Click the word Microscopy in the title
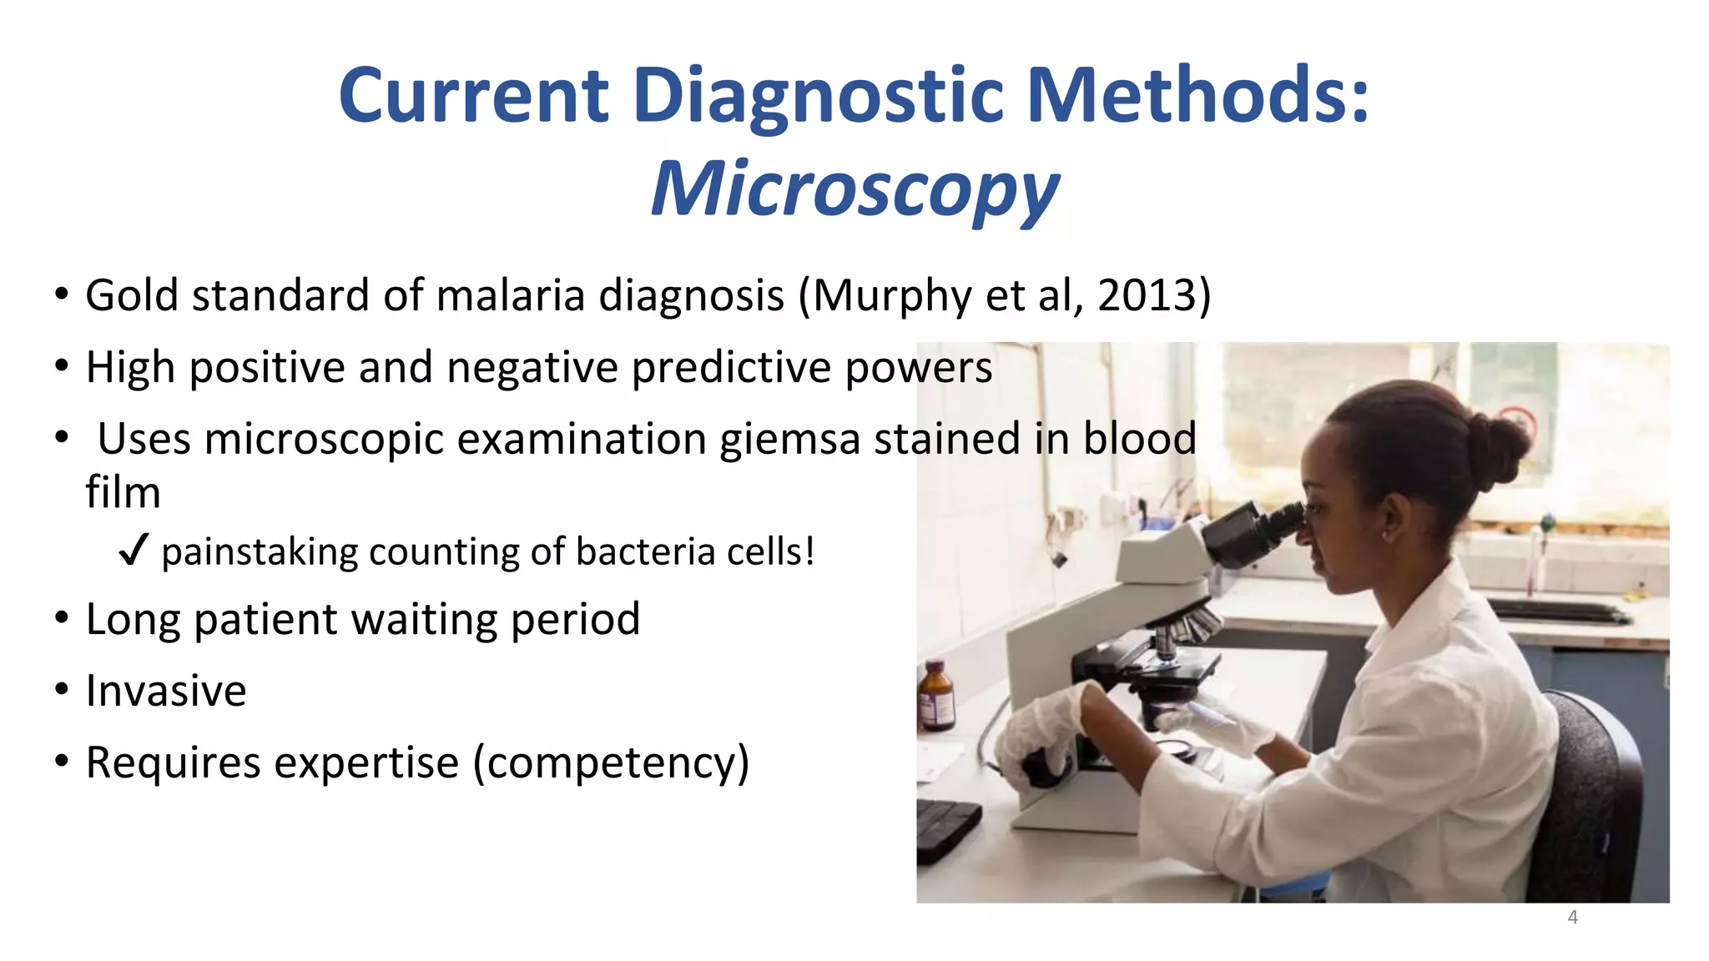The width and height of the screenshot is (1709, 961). click(854, 190)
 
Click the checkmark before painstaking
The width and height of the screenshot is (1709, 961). click(134, 551)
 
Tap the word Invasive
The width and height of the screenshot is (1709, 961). click(166, 692)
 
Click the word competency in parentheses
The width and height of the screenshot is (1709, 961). click(611, 763)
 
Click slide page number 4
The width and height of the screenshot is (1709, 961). click(1572, 918)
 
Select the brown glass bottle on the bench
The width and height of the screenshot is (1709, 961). click(936, 696)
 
